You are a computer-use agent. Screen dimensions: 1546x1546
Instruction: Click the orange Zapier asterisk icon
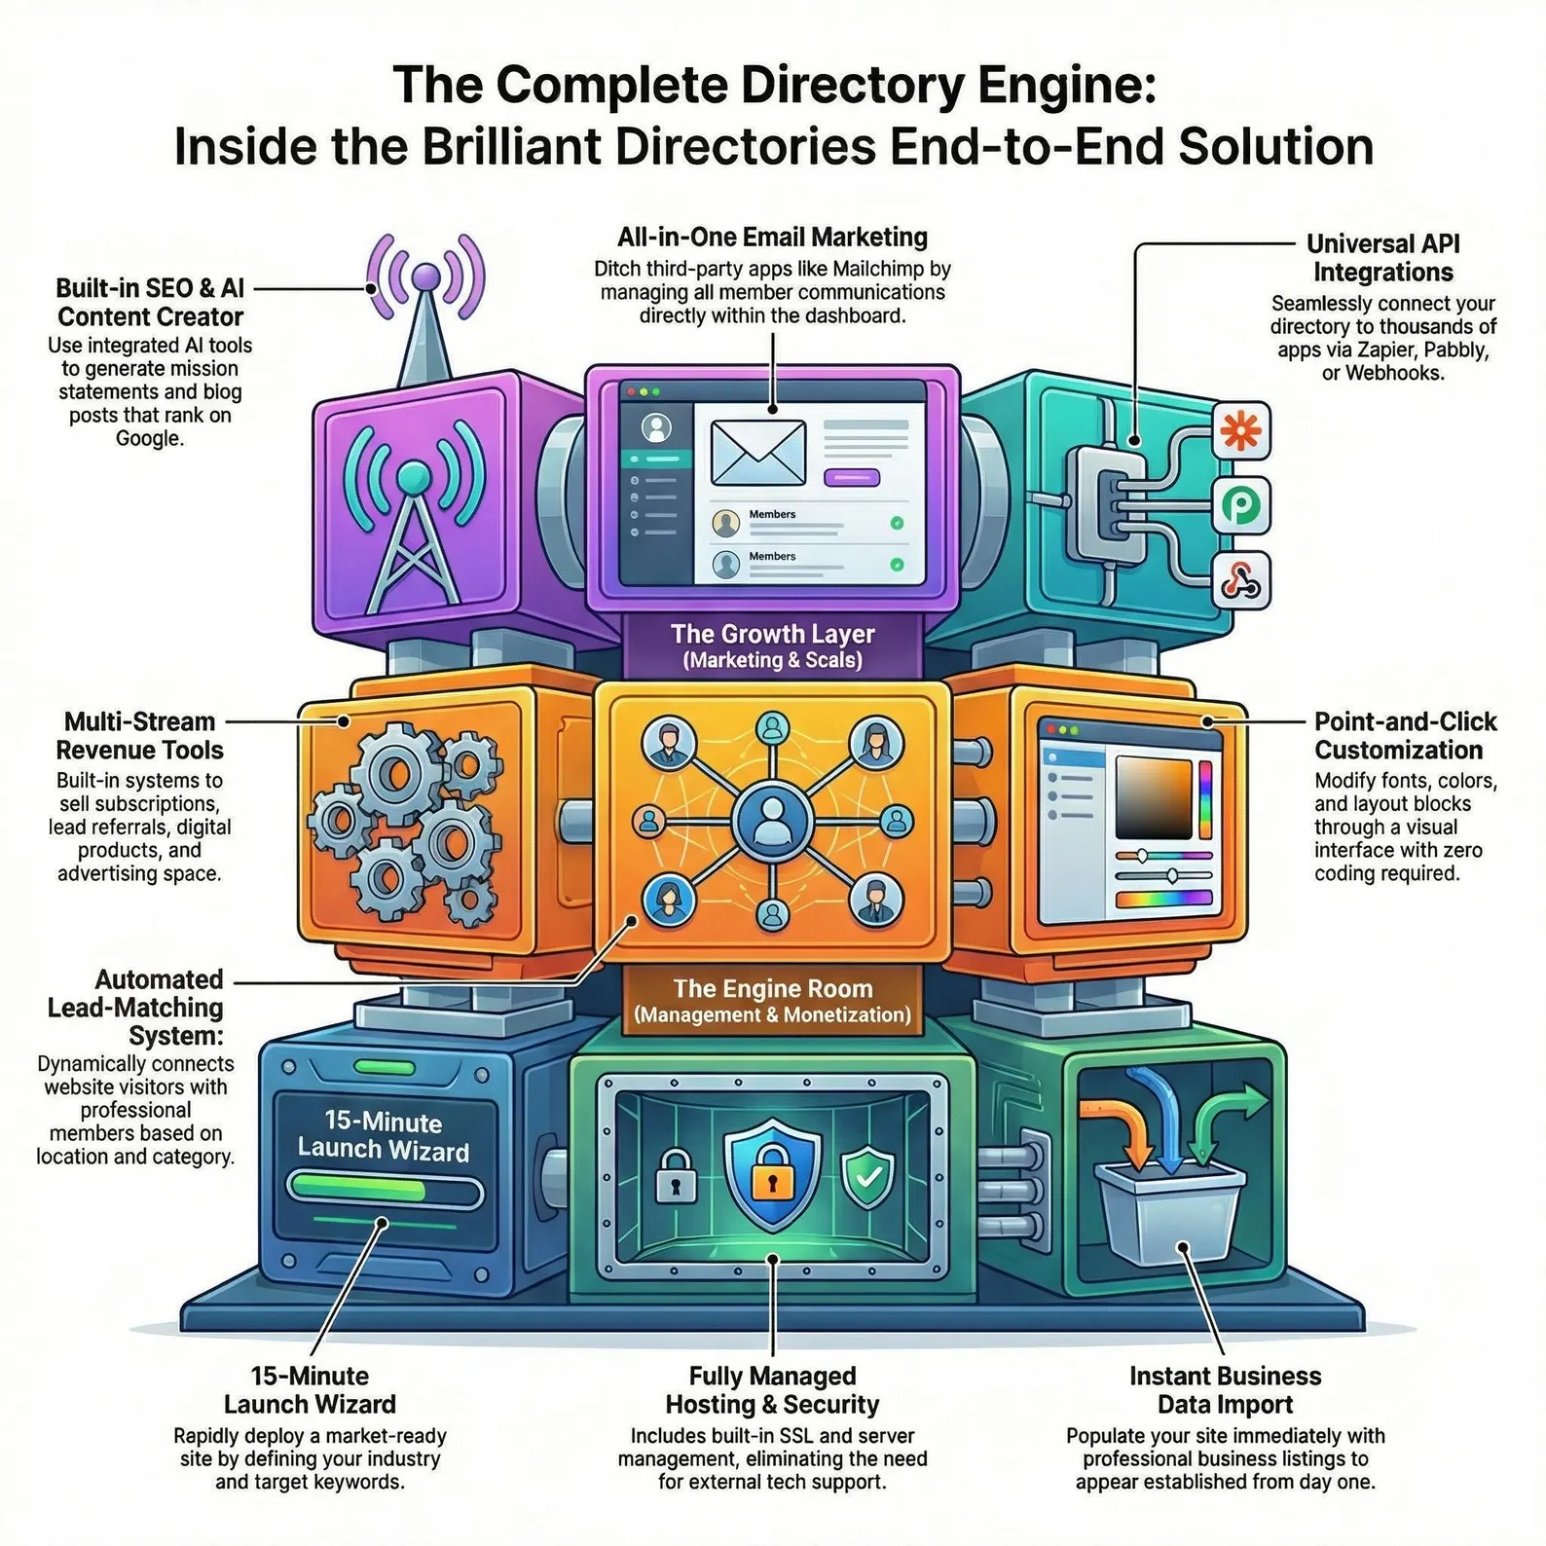(x=1241, y=430)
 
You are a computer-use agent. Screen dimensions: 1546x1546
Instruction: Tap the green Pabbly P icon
(x=1241, y=505)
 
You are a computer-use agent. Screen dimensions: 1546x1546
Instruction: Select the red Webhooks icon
(x=1241, y=581)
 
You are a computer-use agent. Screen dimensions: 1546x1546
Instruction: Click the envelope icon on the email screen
(x=758, y=453)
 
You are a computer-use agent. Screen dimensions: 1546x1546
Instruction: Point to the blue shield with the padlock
(x=772, y=1173)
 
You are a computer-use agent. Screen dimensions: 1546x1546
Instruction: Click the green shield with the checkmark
(x=867, y=1177)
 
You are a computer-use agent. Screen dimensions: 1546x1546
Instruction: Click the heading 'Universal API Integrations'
(x=1382, y=258)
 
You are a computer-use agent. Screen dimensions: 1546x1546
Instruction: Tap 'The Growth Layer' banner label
(x=773, y=645)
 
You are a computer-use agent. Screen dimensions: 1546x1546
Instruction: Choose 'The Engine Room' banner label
(x=773, y=1001)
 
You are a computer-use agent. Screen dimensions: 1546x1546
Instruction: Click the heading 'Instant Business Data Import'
(x=1225, y=1390)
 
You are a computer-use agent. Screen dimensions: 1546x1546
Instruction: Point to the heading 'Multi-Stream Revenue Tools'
(x=139, y=736)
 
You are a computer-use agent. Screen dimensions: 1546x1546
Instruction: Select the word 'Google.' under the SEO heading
(x=149, y=438)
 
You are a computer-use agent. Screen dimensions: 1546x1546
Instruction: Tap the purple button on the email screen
(x=852, y=477)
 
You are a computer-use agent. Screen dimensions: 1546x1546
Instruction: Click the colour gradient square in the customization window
(x=1154, y=797)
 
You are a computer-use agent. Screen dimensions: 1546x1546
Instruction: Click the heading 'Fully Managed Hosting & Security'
(x=772, y=1390)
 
